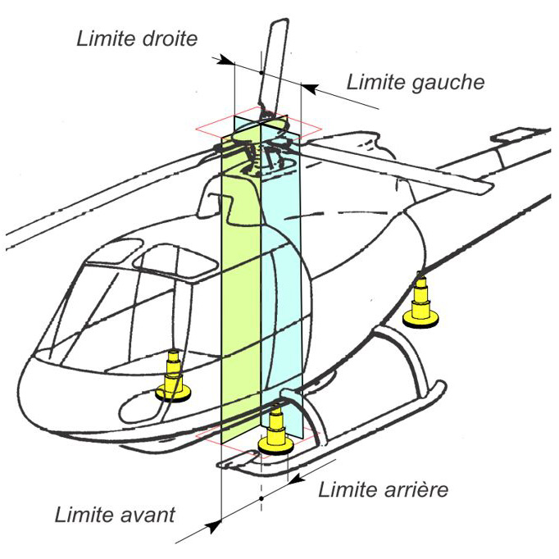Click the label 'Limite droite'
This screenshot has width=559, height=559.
(x=137, y=39)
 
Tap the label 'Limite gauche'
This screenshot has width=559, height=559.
(x=416, y=82)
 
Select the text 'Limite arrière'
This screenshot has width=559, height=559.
(x=383, y=490)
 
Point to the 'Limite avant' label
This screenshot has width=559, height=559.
(x=115, y=516)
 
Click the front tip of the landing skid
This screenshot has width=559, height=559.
(x=226, y=465)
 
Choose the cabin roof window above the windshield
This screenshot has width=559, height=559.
(x=168, y=261)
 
